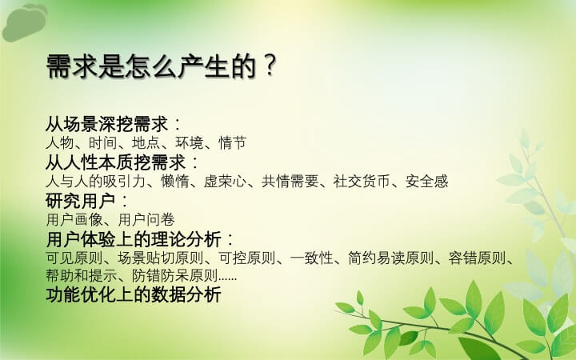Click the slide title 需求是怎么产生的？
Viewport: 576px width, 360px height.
coord(162,66)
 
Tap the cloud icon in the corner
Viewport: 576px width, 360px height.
coord(25,22)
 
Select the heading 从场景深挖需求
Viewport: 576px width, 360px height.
coord(107,124)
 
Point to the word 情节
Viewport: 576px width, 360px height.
coord(233,143)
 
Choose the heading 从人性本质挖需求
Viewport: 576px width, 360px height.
coord(116,162)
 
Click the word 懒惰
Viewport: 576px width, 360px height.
coord(175,182)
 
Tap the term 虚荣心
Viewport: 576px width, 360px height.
coord(225,182)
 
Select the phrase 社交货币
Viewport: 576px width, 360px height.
coord(362,182)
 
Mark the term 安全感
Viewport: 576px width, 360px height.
coord(427,182)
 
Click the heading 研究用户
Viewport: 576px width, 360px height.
coord(81,201)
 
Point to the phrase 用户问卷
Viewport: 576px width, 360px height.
coord(146,220)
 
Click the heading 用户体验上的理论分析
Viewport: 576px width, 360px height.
coord(134,239)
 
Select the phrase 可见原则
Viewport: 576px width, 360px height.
coord(74,258)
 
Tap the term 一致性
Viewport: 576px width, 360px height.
coord(311,258)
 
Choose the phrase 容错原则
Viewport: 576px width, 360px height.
coord(477,258)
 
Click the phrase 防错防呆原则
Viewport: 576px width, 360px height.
coord(175,275)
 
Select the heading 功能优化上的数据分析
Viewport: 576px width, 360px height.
coord(134,295)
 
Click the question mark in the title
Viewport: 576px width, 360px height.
coord(270,66)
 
